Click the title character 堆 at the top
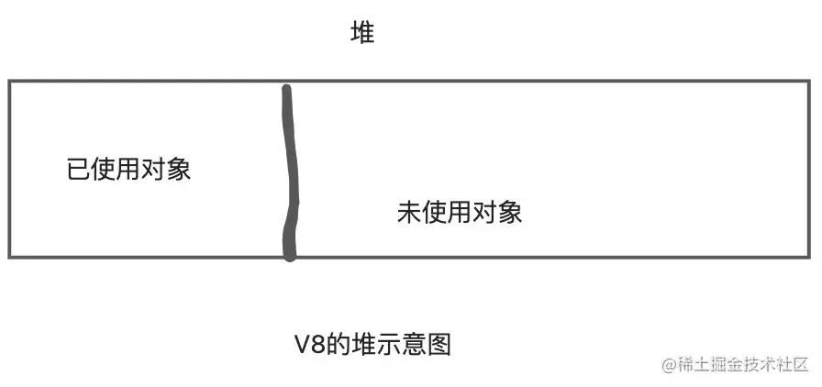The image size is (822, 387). (362, 35)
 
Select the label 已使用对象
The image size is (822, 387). (128, 170)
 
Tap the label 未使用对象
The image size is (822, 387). (460, 213)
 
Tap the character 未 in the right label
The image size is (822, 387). (409, 213)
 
